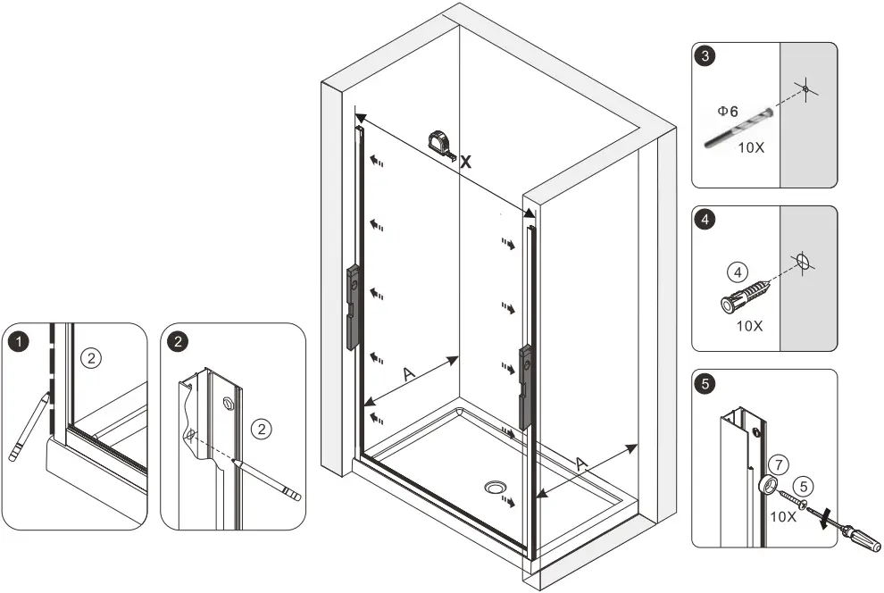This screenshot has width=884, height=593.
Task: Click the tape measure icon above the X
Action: point(440,142)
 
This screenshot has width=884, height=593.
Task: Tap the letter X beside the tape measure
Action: point(465,162)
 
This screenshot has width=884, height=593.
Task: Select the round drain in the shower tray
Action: point(495,487)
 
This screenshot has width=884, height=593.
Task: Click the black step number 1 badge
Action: point(17,340)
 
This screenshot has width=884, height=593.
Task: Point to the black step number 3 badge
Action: point(706,57)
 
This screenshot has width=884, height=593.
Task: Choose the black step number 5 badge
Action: point(706,384)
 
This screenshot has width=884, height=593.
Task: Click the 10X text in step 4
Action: point(749,326)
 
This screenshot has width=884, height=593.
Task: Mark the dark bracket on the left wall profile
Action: point(353,304)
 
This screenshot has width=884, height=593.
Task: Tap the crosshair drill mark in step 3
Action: point(805,90)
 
